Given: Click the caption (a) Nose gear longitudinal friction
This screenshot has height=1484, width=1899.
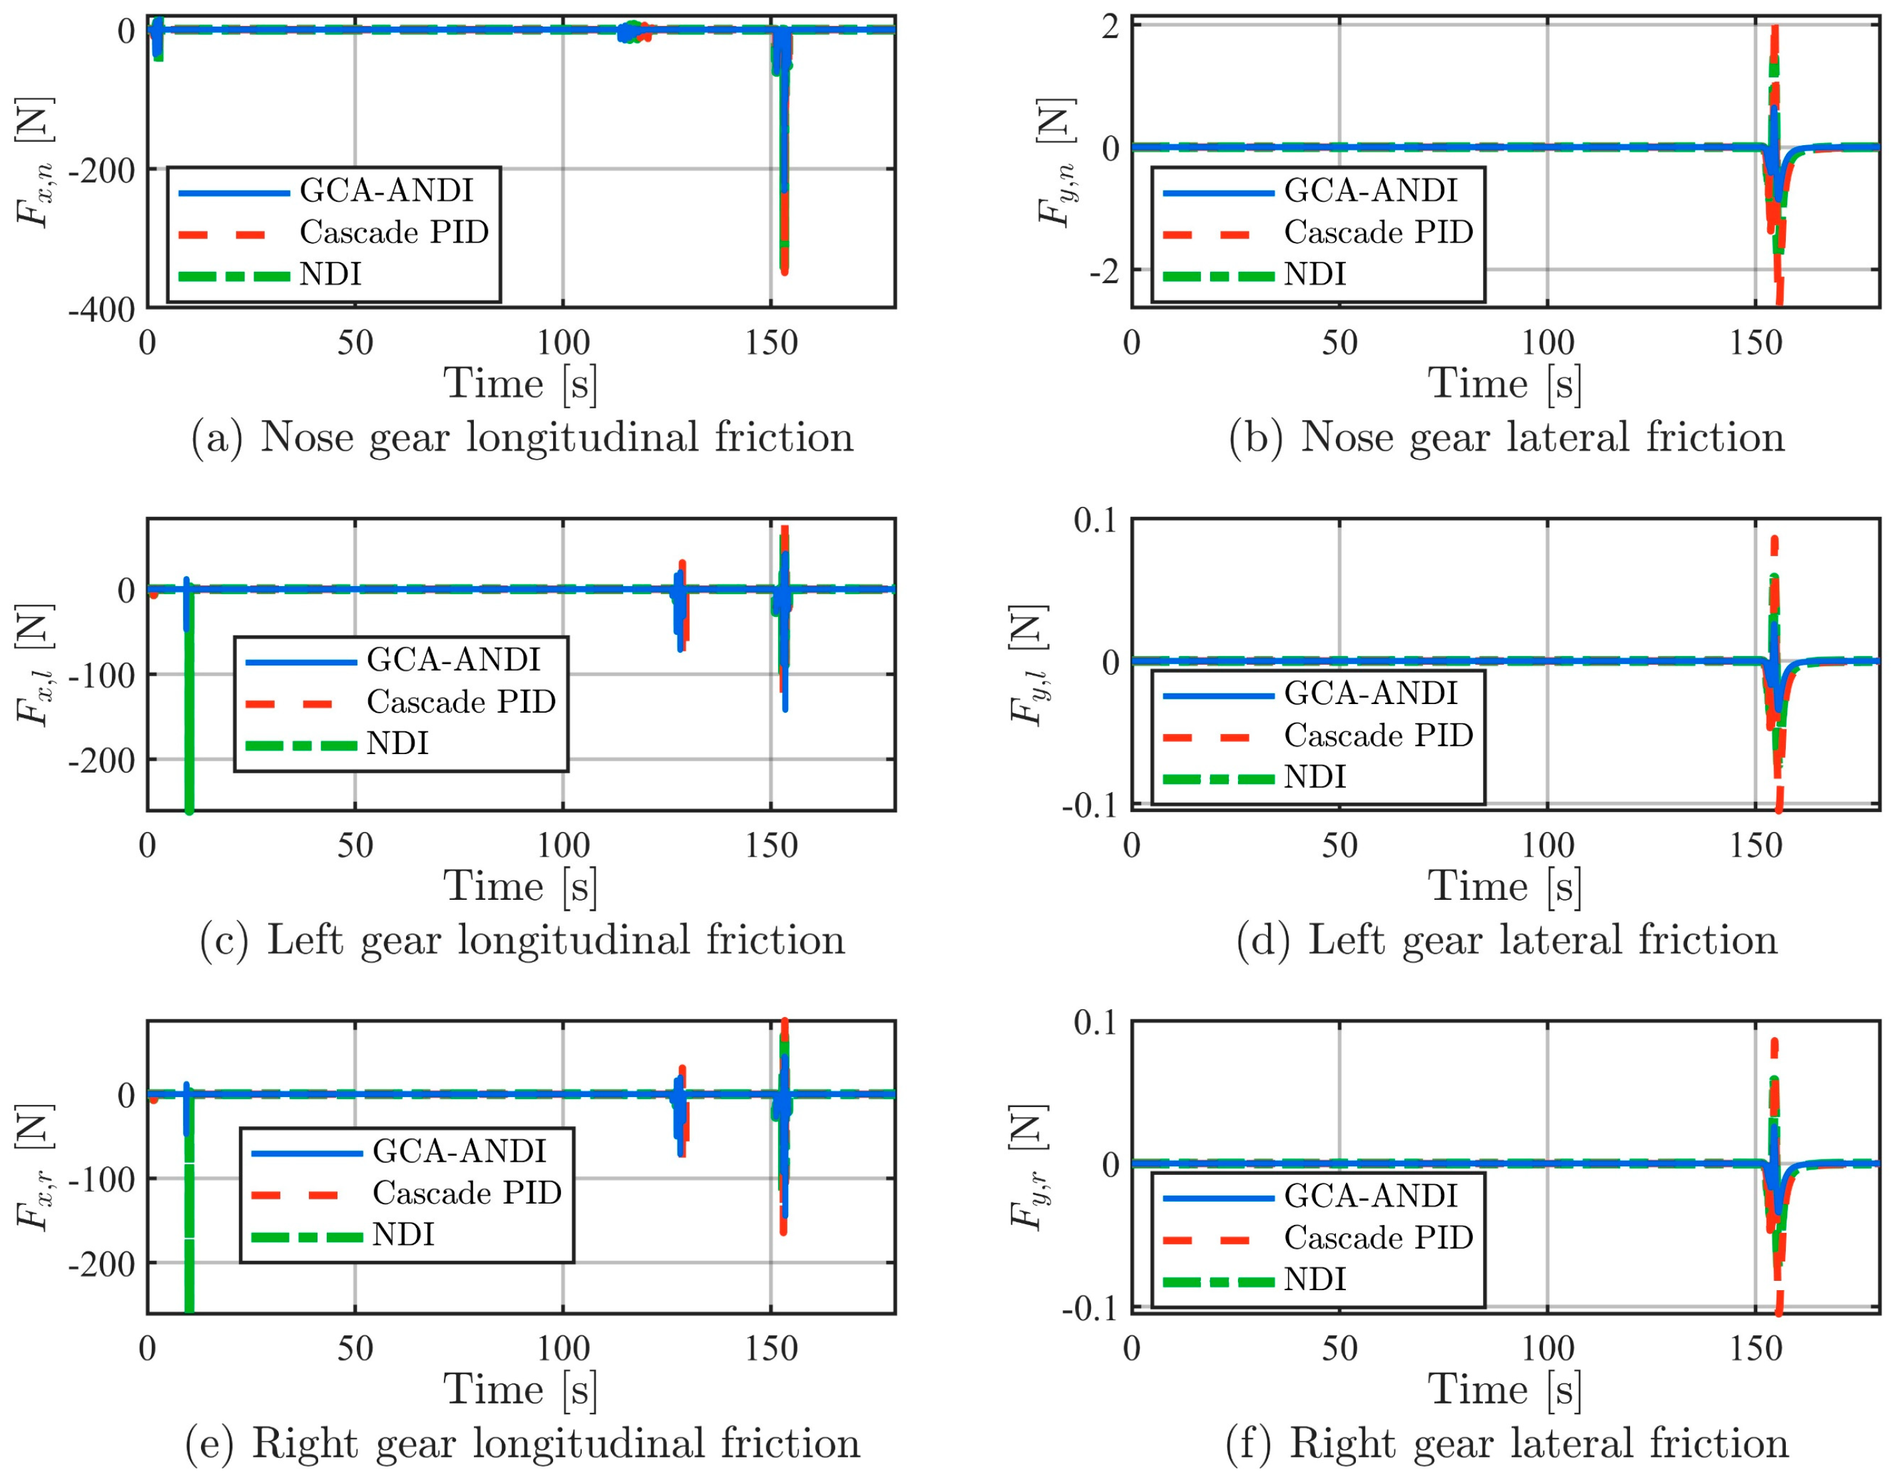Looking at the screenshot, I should (x=522, y=438).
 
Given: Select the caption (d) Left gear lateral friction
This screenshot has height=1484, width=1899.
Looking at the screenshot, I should (x=1506, y=940).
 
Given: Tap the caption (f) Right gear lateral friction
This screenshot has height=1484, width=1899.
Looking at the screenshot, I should (x=1506, y=1443).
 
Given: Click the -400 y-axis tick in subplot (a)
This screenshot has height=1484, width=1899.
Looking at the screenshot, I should (x=102, y=310).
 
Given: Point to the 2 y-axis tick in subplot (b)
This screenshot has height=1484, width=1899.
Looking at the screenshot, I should (x=1110, y=27).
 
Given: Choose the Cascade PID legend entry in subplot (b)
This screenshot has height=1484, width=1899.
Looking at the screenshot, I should (x=1378, y=232).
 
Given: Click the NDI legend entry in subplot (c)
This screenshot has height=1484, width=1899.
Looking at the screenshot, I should (x=397, y=744).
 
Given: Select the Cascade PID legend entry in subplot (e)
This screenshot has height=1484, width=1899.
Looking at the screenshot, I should (x=467, y=1192).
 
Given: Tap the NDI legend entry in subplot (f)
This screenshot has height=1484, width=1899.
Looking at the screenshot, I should (x=1315, y=1279).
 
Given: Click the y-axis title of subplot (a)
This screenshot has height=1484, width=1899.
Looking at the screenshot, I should (x=35, y=163).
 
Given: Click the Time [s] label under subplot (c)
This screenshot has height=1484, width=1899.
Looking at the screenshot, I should (x=521, y=887).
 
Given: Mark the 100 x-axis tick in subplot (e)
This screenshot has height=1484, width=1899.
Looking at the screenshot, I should (x=563, y=1347).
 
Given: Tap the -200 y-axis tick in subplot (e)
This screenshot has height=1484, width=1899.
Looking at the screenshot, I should (x=102, y=1263).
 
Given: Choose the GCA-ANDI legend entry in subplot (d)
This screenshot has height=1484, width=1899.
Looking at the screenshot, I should (x=1371, y=693).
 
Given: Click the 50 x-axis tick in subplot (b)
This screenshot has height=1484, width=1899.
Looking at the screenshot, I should (x=1339, y=343).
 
